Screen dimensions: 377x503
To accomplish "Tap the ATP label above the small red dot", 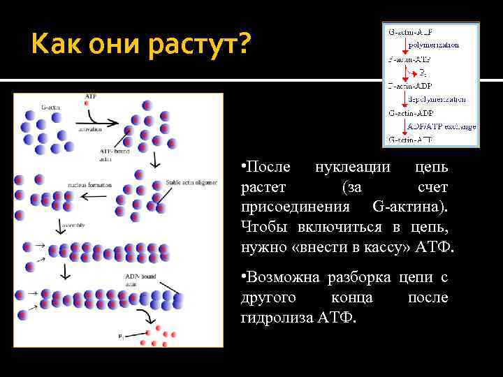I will pos(90,95).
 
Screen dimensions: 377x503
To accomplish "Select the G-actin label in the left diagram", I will pos(51,108).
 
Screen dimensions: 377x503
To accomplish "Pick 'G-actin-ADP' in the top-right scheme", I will pos(411,112).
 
